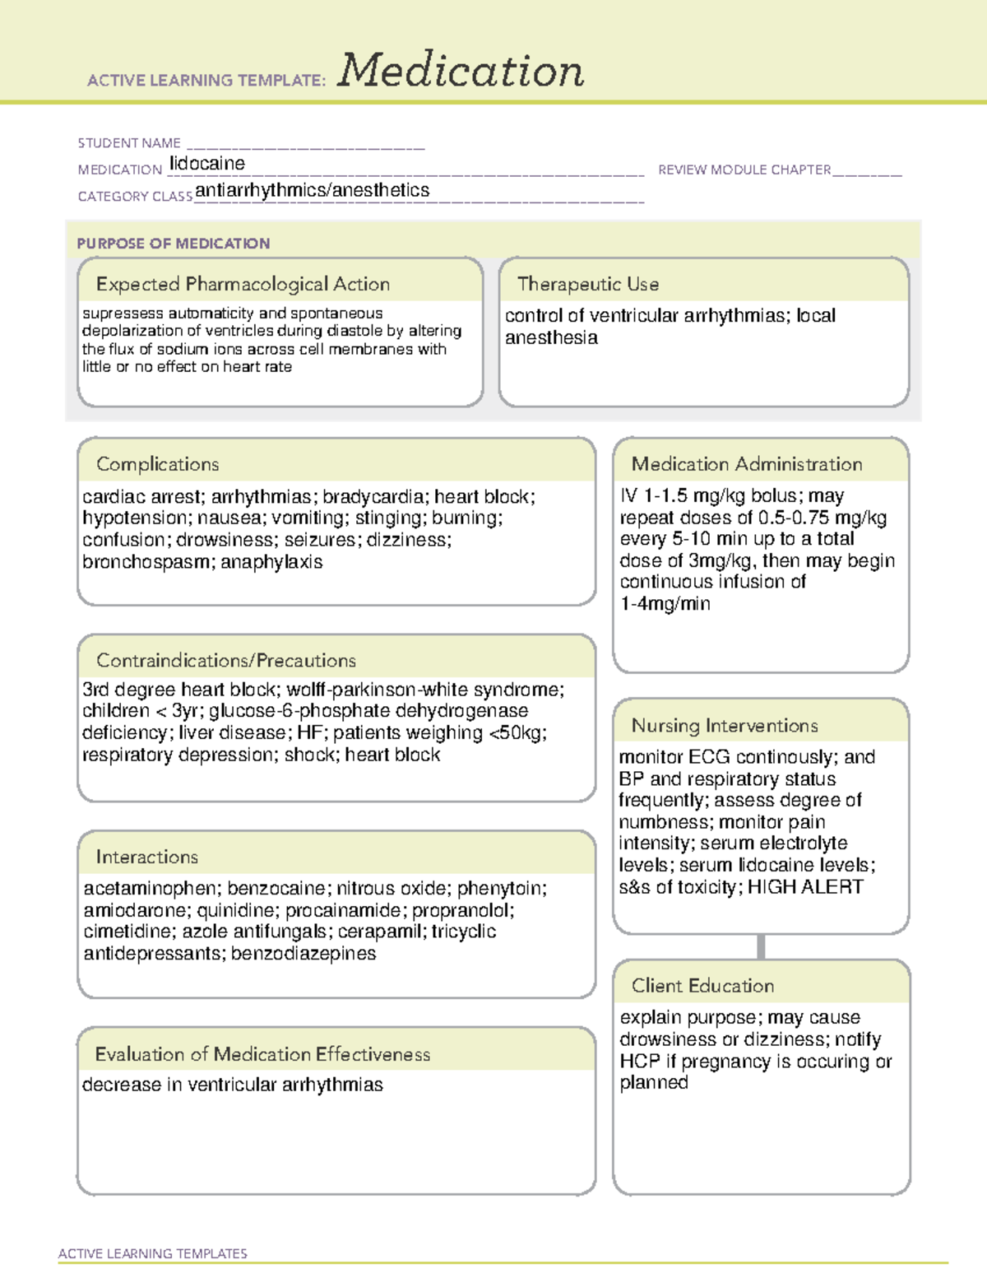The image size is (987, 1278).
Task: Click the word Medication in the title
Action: coord(461,71)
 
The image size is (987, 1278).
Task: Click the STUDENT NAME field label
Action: coord(129,143)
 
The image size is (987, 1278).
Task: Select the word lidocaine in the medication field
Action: coord(207,164)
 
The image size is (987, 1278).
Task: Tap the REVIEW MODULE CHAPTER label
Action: coord(744,170)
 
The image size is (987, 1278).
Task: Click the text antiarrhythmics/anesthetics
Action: coord(313,190)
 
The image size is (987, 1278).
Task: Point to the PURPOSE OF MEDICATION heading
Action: coord(174,244)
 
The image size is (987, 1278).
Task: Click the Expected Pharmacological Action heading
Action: coord(243,284)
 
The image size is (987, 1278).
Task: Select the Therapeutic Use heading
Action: coord(588,284)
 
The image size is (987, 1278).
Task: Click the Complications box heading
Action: coord(158,464)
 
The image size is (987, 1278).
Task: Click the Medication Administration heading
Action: coord(747,464)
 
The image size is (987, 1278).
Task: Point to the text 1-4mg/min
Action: coord(665,604)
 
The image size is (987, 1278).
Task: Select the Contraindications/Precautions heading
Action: coord(226,660)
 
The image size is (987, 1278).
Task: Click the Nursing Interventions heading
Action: coord(725,726)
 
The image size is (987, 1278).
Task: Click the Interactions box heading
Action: coord(147,857)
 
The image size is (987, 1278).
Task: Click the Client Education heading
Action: coord(702,986)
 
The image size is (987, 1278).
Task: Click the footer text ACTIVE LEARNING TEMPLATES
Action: coord(153,1253)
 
